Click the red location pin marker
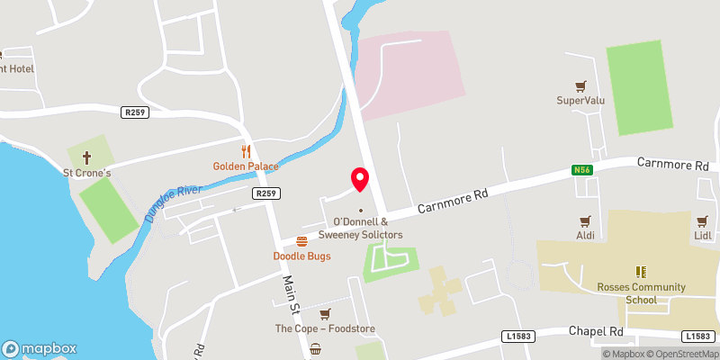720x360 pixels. (x=360, y=179)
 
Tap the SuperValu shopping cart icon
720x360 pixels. (x=580, y=86)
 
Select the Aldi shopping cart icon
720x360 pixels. (x=586, y=220)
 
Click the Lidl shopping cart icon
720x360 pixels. (x=703, y=220)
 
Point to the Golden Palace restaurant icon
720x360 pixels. (x=245, y=151)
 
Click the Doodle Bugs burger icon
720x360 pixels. (x=301, y=241)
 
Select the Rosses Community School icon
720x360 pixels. (x=642, y=272)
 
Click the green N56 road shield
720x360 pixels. (x=581, y=169)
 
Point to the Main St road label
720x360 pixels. (x=288, y=290)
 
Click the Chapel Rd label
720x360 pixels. (x=597, y=331)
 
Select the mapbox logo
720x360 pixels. (x=40, y=348)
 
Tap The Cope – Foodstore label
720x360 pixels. (x=325, y=328)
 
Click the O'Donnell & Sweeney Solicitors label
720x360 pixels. (x=367, y=228)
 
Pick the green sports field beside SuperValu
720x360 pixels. (x=639, y=88)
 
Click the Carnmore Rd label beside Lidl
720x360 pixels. (x=673, y=165)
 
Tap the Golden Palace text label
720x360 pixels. (x=246, y=166)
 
